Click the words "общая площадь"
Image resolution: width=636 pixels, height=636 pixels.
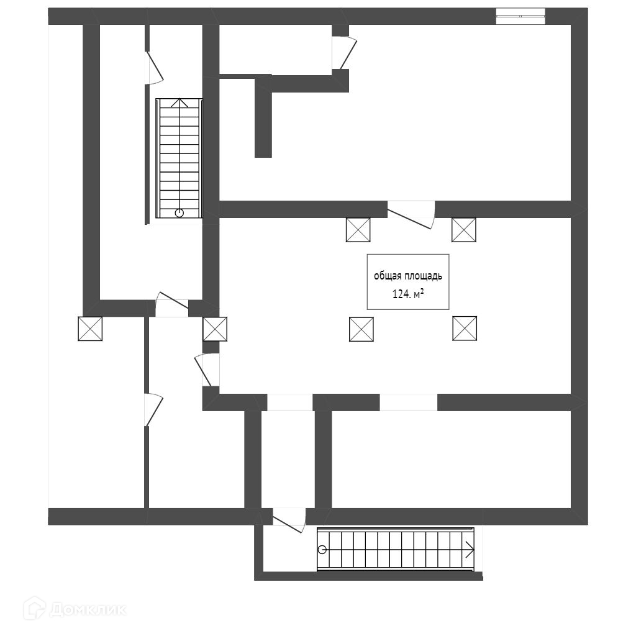(407, 276)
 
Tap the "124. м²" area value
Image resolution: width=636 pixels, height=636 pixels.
(407, 294)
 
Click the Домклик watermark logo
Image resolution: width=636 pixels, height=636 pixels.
(74, 609)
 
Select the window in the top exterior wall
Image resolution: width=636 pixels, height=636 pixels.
(520, 16)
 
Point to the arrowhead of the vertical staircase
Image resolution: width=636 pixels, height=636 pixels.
(179, 102)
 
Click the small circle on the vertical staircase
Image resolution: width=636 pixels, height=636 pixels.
(179, 213)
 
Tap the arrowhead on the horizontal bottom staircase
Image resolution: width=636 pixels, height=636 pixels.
(470, 549)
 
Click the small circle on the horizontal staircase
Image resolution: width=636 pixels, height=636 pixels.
(322, 549)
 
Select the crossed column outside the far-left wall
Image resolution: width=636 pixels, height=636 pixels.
(90, 329)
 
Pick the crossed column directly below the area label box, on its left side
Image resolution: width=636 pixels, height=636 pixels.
(361, 329)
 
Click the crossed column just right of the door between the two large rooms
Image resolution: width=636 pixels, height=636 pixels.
(463, 229)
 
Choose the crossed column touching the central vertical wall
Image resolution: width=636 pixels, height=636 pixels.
(215, 329)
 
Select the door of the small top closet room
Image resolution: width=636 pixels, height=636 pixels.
(344, 53)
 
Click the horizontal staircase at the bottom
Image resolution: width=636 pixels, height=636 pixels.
(396, 549)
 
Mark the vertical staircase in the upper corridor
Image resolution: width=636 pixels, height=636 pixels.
(179, 158)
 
